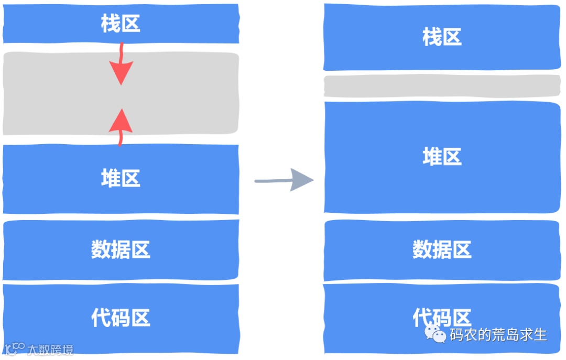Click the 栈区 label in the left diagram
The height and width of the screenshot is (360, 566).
click(121, 24)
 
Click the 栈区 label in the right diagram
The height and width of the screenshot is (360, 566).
click(442, 37)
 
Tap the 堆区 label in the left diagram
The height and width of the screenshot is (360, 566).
click(121, 179)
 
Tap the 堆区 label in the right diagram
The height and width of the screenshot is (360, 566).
click(442, 157)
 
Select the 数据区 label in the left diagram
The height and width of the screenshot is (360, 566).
click(121, 249)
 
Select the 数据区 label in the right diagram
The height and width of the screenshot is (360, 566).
click(442, 249)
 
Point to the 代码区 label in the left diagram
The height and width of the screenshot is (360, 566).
click(121, 318)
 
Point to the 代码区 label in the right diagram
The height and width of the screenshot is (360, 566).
click(442, 317)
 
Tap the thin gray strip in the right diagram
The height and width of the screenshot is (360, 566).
click(442, 86)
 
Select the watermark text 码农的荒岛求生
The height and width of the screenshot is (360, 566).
click(498, 334)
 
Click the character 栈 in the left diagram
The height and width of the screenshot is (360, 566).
click(111, 24)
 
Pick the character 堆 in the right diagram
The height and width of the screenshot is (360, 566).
click(432, 157)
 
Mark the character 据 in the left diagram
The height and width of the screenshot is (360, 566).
click(121, 249)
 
